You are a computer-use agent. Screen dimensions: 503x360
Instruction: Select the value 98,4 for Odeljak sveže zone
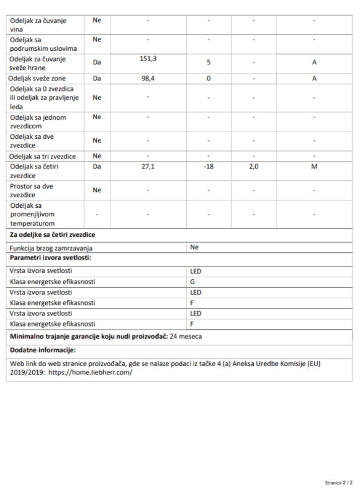[148, 78]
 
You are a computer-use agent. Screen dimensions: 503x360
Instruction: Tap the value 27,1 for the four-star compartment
[148, 166]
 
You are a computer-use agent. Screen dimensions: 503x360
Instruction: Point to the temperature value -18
[208, 166]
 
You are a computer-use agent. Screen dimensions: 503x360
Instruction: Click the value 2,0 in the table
[253, 166]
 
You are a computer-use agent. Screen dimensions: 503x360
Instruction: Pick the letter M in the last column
[314, 166]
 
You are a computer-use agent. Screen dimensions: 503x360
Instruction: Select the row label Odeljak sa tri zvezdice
[42, 156]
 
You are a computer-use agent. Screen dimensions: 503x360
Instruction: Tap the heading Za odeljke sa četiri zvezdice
[52, 234]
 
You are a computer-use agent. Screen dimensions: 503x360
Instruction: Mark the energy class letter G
[192, 282]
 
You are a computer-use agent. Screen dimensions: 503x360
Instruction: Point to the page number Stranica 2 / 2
[339, 483]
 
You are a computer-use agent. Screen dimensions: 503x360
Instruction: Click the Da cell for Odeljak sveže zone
[97, 78]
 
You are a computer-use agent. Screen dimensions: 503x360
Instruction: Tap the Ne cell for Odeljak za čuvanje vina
[97, 20]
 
